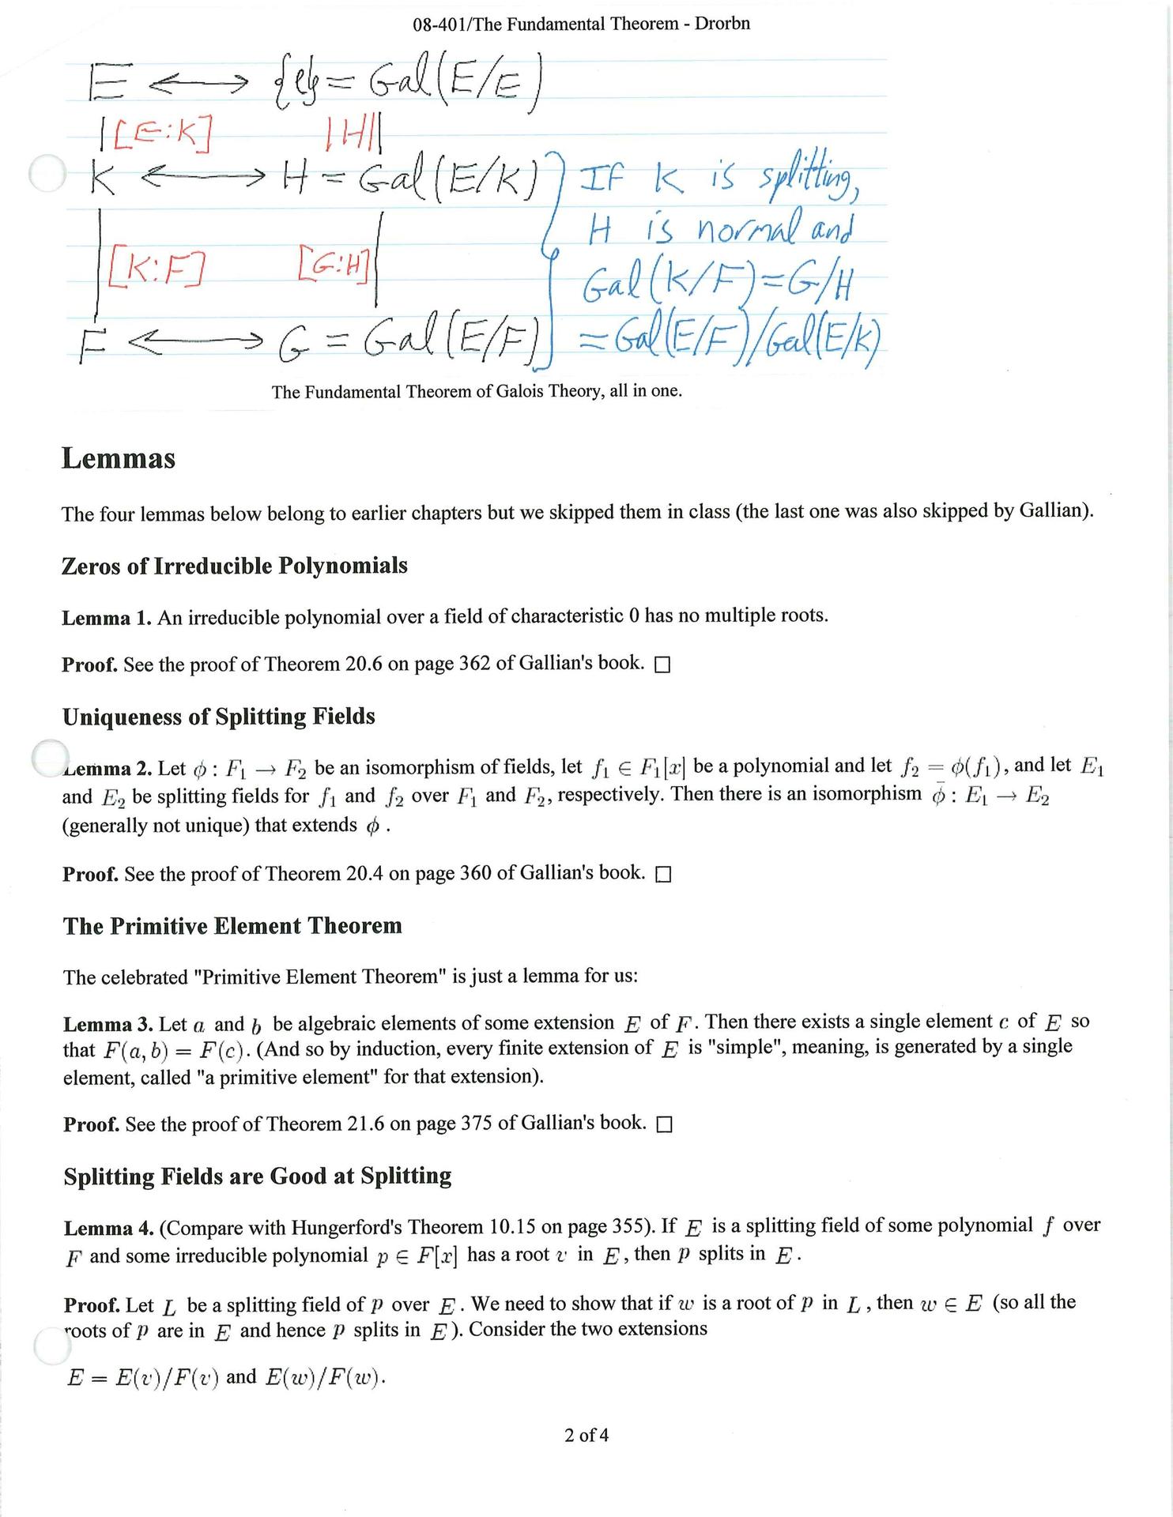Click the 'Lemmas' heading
click(119, 459)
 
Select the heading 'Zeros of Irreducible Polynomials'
click(235, 566)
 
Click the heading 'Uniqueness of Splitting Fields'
click(219, 717)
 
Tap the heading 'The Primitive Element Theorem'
click(232, 926)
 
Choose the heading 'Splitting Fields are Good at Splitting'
click(258, 1176)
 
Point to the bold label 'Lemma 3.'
click(108, 1025)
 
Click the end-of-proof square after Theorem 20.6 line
click(662, 665)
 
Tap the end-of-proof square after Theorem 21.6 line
click(664, 1125)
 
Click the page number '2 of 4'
click(586, 1435)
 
